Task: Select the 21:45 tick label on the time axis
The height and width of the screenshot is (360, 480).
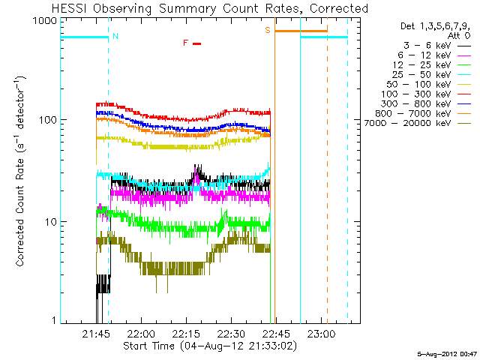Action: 96,333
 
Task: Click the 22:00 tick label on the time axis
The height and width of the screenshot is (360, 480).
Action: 141,333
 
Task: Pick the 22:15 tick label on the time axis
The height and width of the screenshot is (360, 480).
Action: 186,333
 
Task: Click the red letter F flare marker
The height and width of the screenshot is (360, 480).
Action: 186,43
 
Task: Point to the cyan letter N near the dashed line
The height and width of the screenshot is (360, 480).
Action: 115,36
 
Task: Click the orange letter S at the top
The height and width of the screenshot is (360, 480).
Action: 267,30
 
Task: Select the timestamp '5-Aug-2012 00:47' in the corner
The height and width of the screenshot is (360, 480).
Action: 446,353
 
